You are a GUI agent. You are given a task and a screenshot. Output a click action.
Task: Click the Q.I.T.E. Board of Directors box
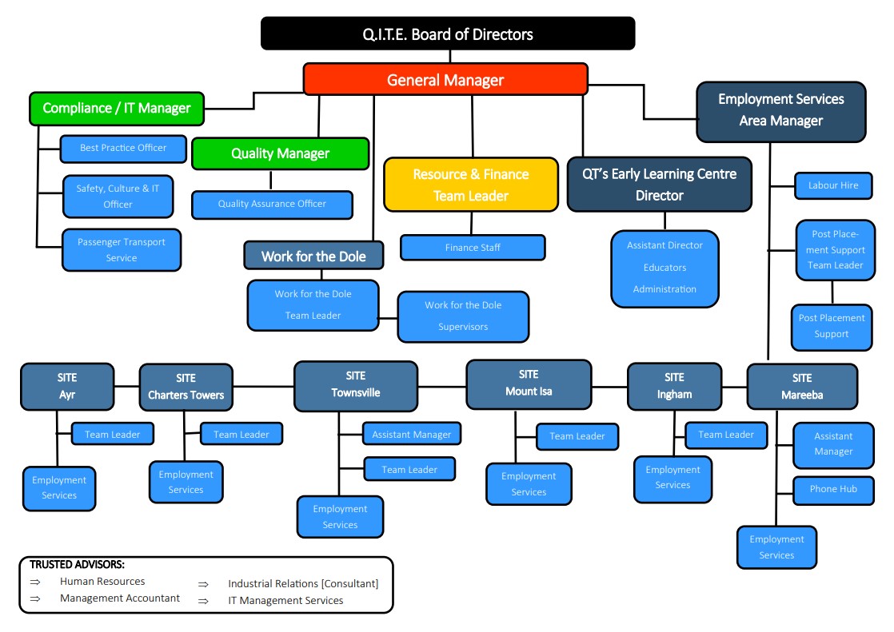coord(447,34)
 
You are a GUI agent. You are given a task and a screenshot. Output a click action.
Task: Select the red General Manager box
coord(445,80)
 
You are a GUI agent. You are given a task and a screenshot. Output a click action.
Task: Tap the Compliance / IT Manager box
coord(117,108)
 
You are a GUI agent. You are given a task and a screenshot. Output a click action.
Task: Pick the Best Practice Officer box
coord(123,148)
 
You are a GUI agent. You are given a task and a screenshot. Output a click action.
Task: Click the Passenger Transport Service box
coord(122,249)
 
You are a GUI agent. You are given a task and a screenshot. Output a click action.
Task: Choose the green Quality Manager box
coord(280,153)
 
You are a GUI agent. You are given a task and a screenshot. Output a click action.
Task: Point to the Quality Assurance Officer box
coord(272,204)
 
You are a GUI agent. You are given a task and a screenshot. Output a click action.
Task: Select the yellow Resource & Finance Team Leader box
coord(471,185)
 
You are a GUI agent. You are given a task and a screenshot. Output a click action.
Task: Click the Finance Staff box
coord(473,248)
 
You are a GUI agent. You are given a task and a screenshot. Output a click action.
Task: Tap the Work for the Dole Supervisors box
coord(463,316)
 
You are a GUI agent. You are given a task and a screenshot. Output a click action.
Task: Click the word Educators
coord(665,268)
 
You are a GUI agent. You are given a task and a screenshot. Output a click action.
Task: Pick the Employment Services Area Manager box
coord(780,110)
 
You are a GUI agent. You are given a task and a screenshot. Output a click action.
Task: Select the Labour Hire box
coord(833,185)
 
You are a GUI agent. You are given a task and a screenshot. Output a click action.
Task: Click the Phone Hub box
coord(833,489)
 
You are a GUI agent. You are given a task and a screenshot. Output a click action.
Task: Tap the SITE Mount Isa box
coord(529,384)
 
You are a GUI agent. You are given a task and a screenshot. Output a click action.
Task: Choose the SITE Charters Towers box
coord(186,387)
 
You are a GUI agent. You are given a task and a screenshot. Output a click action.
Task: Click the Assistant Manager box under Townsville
coord(412,435)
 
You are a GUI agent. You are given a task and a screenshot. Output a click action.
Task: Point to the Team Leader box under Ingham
coord(726,435)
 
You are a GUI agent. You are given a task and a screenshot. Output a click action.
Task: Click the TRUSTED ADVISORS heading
coord(77,565)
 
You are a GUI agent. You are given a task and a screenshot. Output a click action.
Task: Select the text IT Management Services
coord(285,600)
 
